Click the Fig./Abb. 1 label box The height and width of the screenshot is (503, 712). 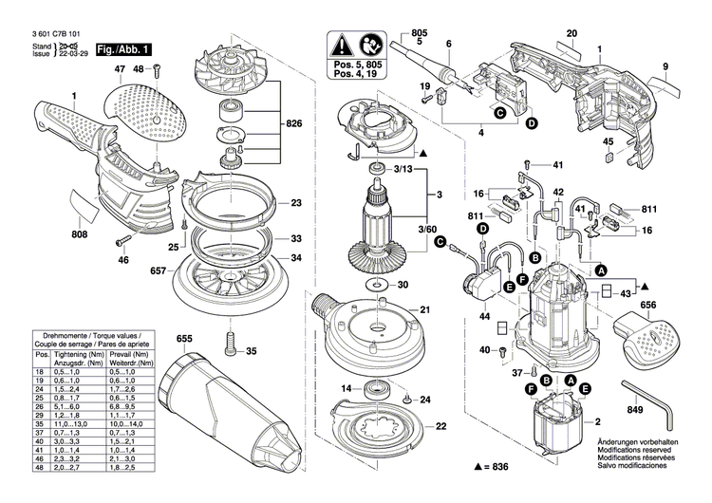124,47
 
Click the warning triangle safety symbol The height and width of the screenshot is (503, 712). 342,46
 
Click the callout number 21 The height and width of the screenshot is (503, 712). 425,309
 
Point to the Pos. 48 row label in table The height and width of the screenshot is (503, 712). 41,468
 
